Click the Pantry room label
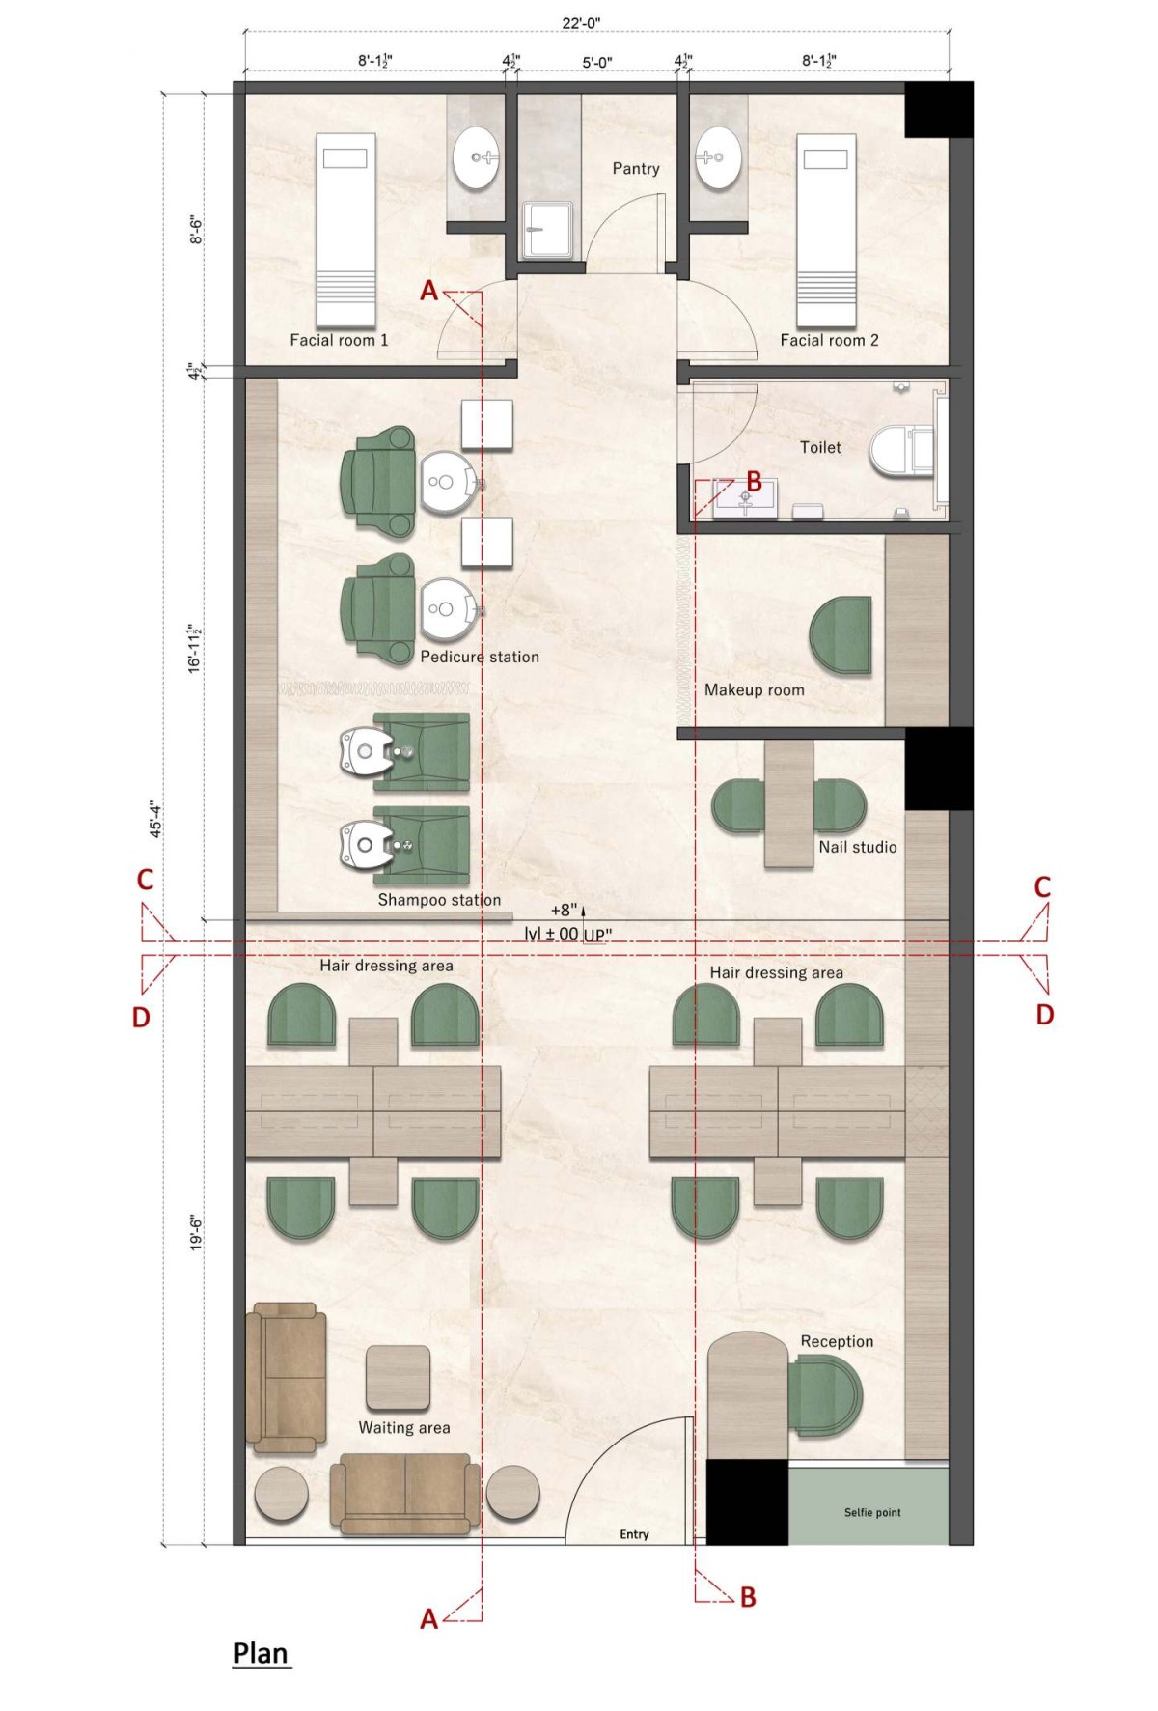636,168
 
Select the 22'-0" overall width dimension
582,24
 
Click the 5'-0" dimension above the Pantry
596,63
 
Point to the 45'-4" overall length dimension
153,820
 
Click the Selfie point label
872,1512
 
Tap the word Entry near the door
634,1534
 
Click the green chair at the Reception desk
825,1395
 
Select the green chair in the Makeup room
841,634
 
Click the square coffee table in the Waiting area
398,1377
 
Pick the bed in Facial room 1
345,230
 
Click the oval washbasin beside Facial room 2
719,157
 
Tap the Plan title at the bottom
261,1653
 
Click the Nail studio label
858,847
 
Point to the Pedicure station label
480,657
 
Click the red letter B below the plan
748,1597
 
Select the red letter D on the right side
1045,1015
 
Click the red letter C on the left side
145,880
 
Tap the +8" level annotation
564,910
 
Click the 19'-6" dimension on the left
197,1233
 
